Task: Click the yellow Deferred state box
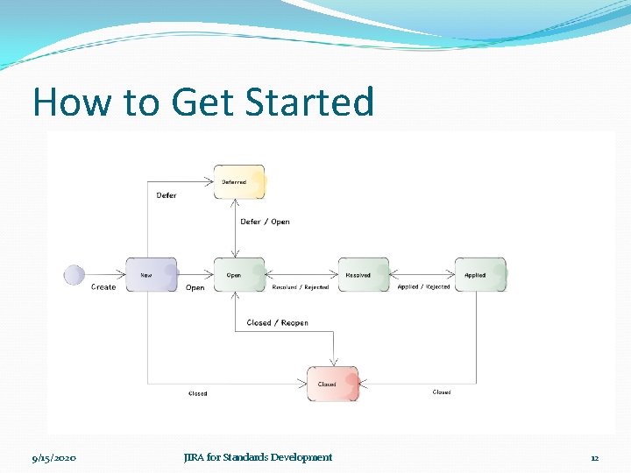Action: pos(238,182)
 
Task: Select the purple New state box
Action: pos(152,275)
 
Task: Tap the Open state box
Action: pos(238,275)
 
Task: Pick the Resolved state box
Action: pos(364,275)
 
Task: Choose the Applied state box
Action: pos(479,275)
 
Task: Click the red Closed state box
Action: pos(332,384)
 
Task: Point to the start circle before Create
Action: pos(74,275)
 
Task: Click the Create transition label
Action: pos(103,287)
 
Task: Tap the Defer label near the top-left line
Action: pos(167,195)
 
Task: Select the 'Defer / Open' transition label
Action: pos(265,222)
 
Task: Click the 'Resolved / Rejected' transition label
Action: pos(301,287)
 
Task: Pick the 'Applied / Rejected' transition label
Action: pos(423,286)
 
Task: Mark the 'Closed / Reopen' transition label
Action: pos(277,322)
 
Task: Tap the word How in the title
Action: pos(72,102)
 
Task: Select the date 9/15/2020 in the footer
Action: pos(53,457)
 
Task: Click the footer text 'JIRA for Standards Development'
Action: pos(258,457)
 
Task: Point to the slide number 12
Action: pos(594,457)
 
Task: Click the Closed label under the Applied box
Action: pos(442,392)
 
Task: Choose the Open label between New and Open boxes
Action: pos(195,287)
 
